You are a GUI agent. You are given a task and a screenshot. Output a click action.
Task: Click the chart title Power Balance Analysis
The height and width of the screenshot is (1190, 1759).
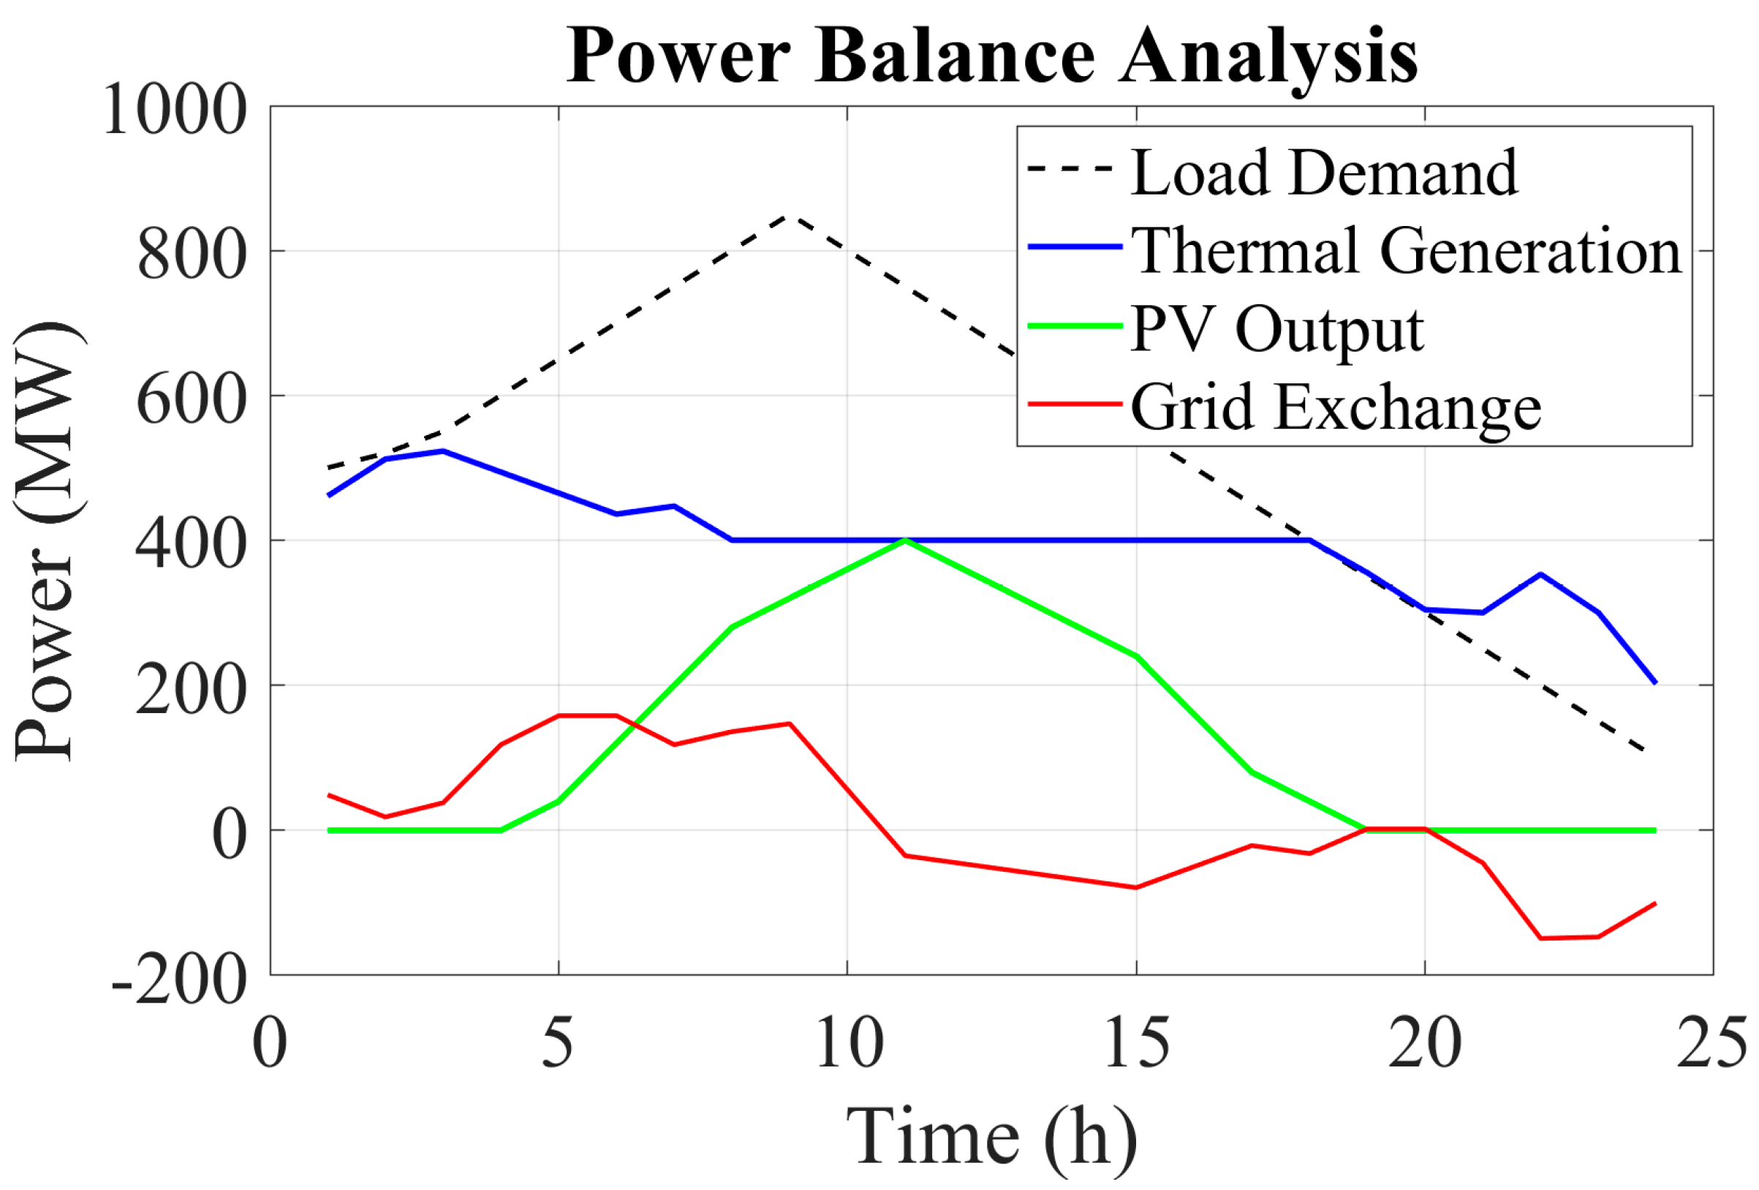pyautogui.click(x=991, y=58)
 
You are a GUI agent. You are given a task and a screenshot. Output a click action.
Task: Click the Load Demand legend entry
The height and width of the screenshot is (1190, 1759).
pyautogui.click(x=1324, y=173)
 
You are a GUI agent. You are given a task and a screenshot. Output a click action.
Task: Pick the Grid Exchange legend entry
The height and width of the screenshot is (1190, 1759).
pyautogui.click(x=1336, y=407)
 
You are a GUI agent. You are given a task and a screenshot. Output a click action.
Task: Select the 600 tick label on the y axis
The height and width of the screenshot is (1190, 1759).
pyautogui.click(x=192, y=399)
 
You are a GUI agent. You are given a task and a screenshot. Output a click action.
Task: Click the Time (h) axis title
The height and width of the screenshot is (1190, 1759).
pyautogui.click(x=991, y=1137)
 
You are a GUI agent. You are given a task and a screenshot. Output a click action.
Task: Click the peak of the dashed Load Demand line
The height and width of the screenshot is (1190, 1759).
pyautogui.click(x=790, y=216)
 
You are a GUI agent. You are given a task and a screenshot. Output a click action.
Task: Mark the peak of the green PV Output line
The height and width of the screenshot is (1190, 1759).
pyautogui.click(x=905, y=540)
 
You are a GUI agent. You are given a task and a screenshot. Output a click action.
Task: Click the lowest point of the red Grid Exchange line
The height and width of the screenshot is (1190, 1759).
pyautogui.click(x=1541, y=938)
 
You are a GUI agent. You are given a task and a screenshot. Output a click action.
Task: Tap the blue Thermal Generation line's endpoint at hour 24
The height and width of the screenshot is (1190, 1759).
pyautogui.click(x=1655, y=683)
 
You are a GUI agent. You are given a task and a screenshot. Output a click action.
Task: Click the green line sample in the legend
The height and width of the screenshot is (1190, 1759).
pyautogui.click(x=1074, y=326)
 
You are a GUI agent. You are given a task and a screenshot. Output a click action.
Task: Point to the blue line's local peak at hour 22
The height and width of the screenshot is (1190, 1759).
pyautogui.click(x=1540, y=574)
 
